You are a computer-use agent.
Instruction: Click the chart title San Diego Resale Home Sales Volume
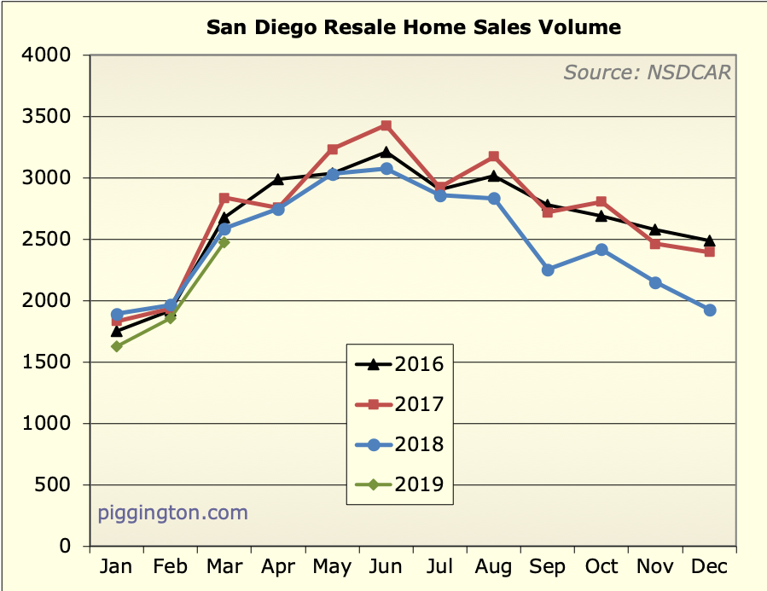pyautogui.click(x=413, y=27)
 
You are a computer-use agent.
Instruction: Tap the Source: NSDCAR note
pyautogui.click(x=647, y=72)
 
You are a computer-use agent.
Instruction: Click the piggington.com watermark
pyautogui.click(x=172, y=513)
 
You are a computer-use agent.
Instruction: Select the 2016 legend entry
pyautogui.click(x=400, y=364)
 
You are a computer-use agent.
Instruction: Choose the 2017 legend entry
pyautogui.click(x=400, y=404)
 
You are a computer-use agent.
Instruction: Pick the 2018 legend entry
pyautogui.click(x=400, y=444)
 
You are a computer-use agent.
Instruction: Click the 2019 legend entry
pyautogui.click(x=400, y=484)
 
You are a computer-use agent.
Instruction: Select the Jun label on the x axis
pyautogui.click(x=386, y=568)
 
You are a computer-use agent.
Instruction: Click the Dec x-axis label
pyautogui.click(x=708, y=568)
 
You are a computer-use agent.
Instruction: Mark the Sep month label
pyautogui.click(x=547, y=568)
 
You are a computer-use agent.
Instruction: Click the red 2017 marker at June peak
pyautogui.click(x=386, y=125)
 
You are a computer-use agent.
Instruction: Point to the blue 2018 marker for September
pyautogui.click(x=548, y=269)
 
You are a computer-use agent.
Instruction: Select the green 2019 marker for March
pyautogui.click(x=224, y=242)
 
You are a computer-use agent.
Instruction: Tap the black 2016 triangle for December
pyautogui.click(x=709, y=240)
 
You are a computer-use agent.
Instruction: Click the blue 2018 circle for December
pyautogui.click(x=709, y=310)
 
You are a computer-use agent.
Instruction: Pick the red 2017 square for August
pyautogui.click(x=494, y=157)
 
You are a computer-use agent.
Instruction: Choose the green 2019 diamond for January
pyautogui.click(x=117, y=346)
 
